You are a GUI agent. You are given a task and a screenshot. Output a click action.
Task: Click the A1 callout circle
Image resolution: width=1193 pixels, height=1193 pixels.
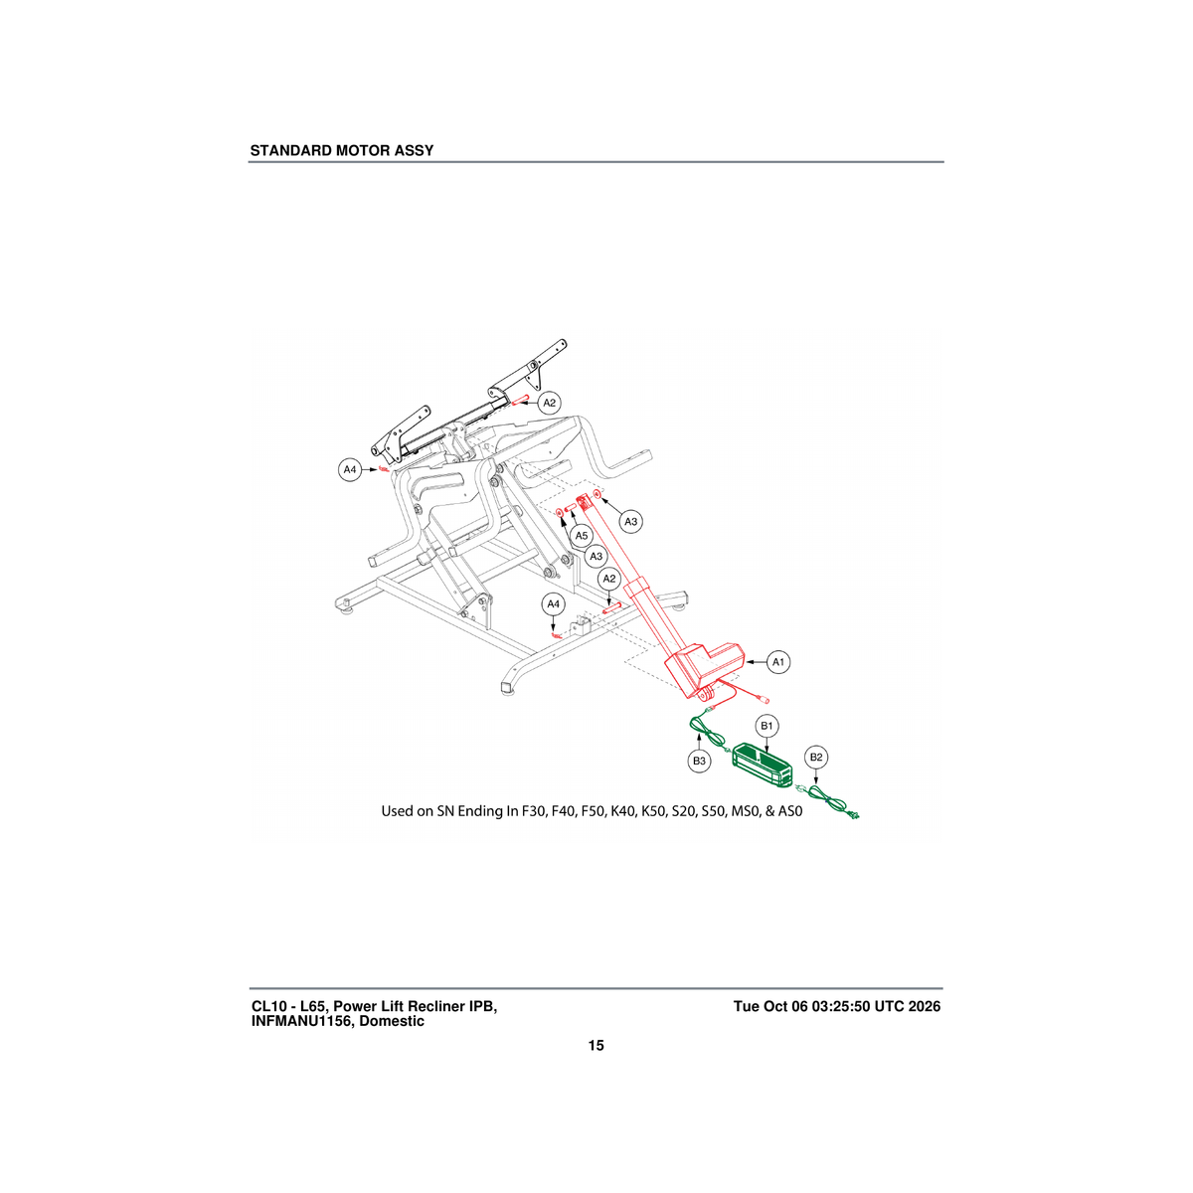[x=778, y=662]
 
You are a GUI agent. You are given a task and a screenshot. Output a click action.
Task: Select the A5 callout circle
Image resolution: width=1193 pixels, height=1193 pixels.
[x=581, y=535]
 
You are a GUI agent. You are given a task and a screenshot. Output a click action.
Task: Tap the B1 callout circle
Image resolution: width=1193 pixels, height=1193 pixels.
[x=767, y=726]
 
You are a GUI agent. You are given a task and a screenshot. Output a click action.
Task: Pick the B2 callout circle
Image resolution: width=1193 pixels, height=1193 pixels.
[x=816, y=757]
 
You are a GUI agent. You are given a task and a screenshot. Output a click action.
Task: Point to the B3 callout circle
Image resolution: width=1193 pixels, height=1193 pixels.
[x=699, y=761]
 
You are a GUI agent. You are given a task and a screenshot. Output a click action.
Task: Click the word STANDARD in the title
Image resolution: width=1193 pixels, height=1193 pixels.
[x=291, y=150]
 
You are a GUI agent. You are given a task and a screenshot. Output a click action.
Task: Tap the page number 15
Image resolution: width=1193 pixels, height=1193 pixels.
[x=596, y=1046]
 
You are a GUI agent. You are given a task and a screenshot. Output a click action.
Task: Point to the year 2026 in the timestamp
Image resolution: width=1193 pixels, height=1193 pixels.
[x=925, y=1006]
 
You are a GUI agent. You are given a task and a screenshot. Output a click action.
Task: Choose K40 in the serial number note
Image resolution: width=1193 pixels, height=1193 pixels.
[x=622, y=811]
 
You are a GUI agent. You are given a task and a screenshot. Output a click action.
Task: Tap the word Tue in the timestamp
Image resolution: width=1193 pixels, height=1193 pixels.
[x=746, y=1006]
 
